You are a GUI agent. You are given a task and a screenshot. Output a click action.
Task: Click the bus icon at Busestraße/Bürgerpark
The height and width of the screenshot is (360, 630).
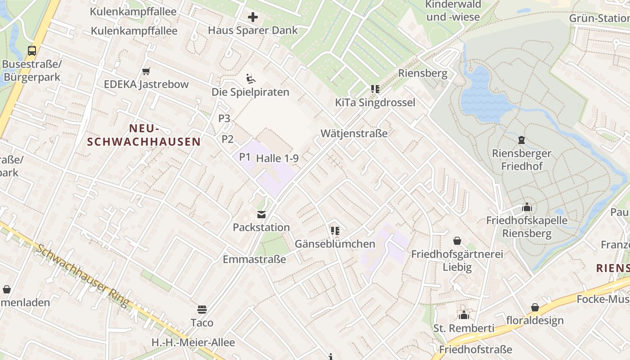click(32, 51)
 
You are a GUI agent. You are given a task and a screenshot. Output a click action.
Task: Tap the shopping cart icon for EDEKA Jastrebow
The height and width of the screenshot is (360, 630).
click(146, 71)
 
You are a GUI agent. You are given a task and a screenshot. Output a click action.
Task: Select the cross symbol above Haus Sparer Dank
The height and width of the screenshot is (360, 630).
click(253, 18)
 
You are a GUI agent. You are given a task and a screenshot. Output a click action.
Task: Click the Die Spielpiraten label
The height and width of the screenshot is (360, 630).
click(250, 92)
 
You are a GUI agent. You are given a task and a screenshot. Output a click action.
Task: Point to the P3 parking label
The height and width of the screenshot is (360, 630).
click(224, 118)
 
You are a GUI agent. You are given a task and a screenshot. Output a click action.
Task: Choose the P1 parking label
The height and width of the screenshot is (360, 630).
click(244, 157)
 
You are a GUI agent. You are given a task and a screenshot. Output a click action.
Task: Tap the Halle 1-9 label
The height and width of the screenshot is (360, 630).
click(277, 158)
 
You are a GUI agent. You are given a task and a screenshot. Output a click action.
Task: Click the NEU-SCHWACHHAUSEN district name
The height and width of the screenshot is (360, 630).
click(144, 135)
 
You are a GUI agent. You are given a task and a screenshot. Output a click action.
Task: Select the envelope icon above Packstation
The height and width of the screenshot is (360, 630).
click(261, 215)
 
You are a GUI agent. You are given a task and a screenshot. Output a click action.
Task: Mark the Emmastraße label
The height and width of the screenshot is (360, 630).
click(254, 259)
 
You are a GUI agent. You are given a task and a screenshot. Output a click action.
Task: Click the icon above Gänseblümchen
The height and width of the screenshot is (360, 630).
click(335, 231)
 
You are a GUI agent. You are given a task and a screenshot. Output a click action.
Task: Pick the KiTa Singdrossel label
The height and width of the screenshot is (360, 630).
click(375, 103)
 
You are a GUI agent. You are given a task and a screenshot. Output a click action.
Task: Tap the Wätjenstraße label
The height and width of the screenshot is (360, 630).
click(354, 133)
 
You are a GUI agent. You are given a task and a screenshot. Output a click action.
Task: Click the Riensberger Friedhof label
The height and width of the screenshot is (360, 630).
click(522, 160)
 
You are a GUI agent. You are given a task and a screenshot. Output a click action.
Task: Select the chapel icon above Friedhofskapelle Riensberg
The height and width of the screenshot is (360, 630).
click(527, 207)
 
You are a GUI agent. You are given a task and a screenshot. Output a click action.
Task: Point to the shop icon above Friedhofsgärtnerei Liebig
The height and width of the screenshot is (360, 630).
click(457, 241)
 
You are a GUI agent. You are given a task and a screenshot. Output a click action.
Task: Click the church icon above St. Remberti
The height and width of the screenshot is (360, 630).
click(464, 315)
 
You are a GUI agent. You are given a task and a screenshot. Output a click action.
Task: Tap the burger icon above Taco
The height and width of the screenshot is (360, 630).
click(202, 309)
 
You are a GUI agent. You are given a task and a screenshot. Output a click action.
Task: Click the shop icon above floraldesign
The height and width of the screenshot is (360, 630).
click(535, 307)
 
